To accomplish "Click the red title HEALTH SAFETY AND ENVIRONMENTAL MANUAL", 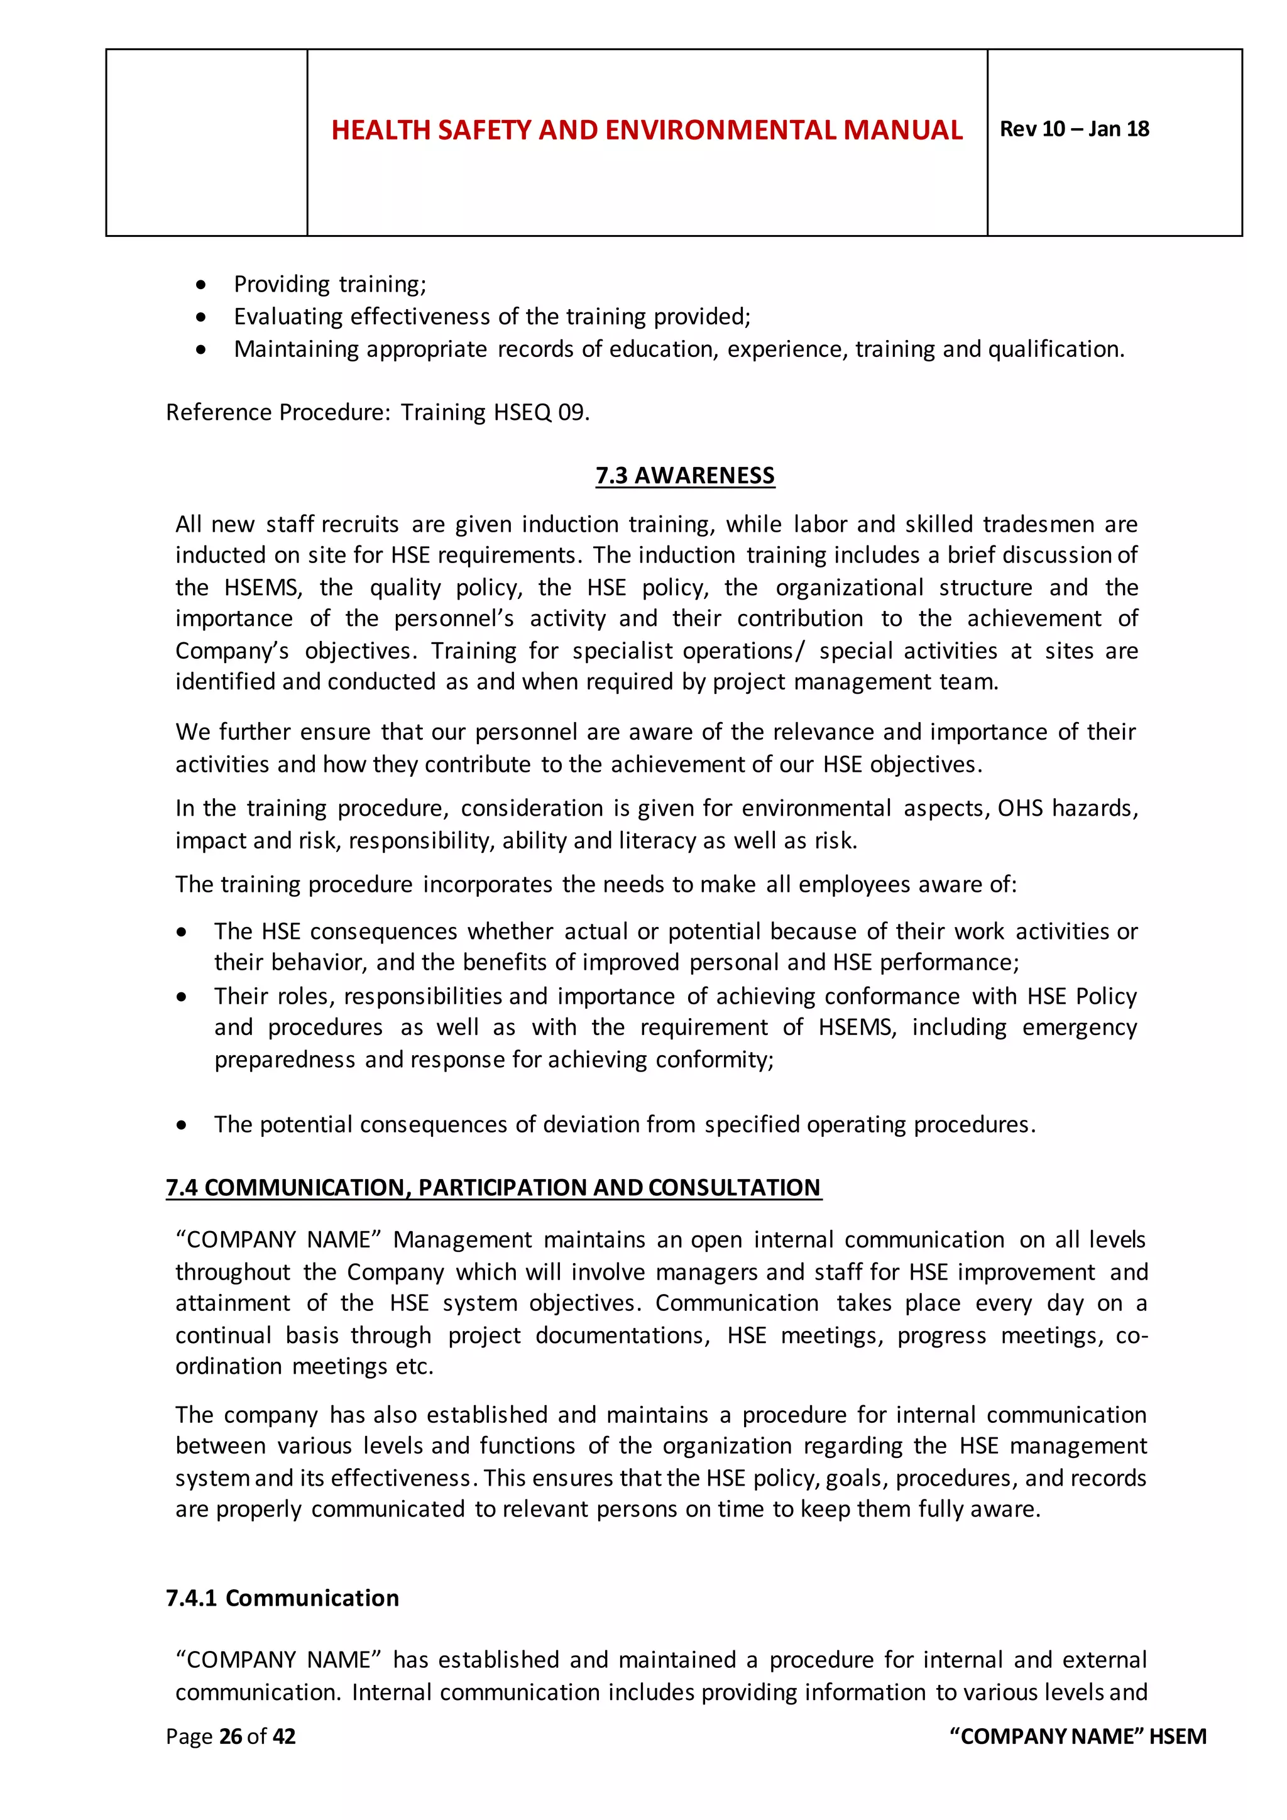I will (x=647, y=130).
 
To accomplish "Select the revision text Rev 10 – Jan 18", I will (x=1074, y=129).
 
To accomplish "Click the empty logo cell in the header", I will (x=206, y=143).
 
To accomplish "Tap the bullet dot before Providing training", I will (x=202, y=285).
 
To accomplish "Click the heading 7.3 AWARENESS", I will (x=685, y=476).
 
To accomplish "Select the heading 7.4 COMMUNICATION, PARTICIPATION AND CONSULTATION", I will (x=493, y=1187).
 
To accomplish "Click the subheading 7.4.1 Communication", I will (x=282, y=1598).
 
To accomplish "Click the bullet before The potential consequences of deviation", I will (x=182, y=1125).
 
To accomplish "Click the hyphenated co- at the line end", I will (x=1132, y=1335).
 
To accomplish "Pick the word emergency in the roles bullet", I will (x=1080, y=1028).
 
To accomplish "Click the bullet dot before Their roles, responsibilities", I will (x=182, y=997).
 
